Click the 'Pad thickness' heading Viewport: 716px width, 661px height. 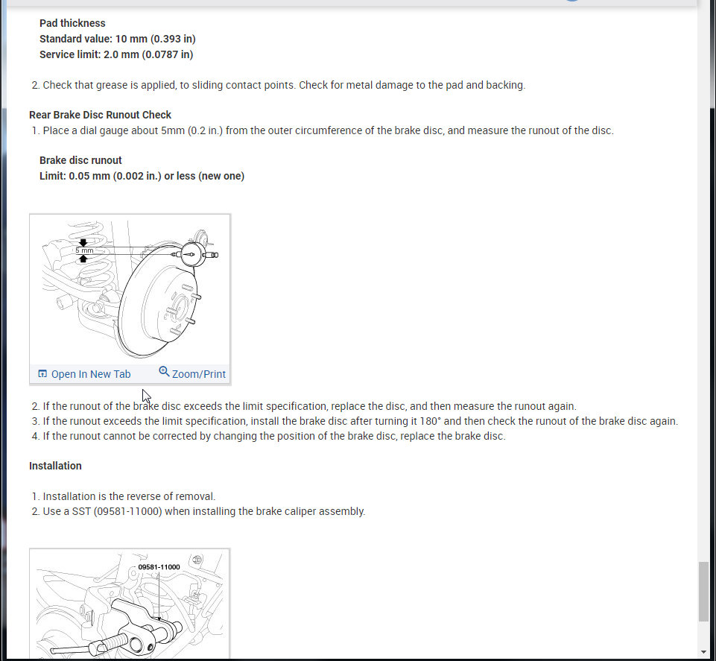pos(72,23)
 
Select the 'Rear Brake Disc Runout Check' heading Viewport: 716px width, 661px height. pos(100,115)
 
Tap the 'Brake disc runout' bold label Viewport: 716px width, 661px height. pos(80,160)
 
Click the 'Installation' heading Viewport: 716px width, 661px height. pos(55,466)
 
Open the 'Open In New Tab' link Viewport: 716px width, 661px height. pos(90,374)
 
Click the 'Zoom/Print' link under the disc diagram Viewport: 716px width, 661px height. pos(198,374)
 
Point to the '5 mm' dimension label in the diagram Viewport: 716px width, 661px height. pos(84,250)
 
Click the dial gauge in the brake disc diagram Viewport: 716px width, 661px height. pos(193,254)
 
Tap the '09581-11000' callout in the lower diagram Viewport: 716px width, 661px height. pos(159,567)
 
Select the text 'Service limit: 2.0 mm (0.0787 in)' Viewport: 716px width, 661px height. pos(116,54)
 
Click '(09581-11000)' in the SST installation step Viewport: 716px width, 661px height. pos(127,511)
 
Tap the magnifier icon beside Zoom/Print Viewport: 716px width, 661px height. pos(164,372)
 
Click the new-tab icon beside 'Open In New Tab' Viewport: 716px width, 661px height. pos(42,374)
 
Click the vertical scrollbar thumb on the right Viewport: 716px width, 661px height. pos(703,592)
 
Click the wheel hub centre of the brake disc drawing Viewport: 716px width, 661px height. pos(177,306)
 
